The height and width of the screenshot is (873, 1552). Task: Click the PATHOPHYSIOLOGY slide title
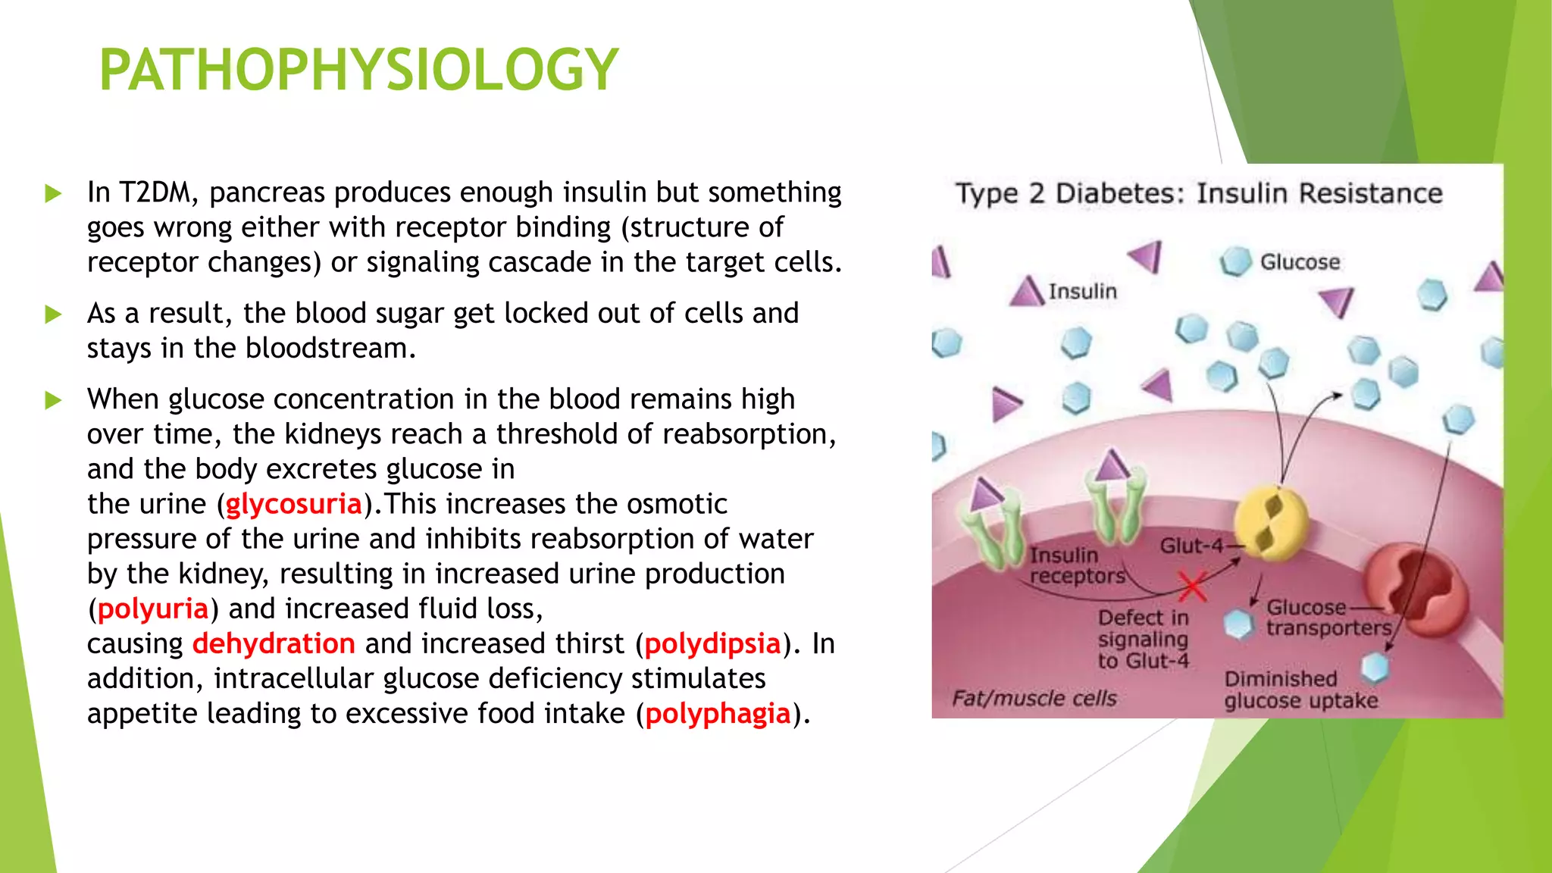[358, 70]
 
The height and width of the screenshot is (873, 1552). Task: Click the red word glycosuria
[293, 504]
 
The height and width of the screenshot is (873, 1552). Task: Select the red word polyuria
[152, 609]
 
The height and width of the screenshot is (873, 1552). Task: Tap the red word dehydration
[274, 643]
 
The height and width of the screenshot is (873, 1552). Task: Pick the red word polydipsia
[712, 643]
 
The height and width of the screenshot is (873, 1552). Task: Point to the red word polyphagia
[718, 713]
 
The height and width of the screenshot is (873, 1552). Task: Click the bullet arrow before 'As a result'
[53, 314]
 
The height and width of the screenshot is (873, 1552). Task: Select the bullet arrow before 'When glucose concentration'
[53, 399]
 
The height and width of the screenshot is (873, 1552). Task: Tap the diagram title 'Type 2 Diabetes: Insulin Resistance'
[1199, 193]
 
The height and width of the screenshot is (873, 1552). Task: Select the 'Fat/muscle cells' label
[1034, 698]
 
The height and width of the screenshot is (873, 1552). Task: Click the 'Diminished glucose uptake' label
[1300, 690]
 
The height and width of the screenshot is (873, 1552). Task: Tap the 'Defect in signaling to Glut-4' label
[1144, 639]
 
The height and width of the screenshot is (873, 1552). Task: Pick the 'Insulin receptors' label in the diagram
[1076, 565]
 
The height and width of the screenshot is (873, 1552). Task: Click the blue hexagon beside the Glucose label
[1235, 261]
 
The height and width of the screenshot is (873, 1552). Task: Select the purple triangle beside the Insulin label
[1028, 292]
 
